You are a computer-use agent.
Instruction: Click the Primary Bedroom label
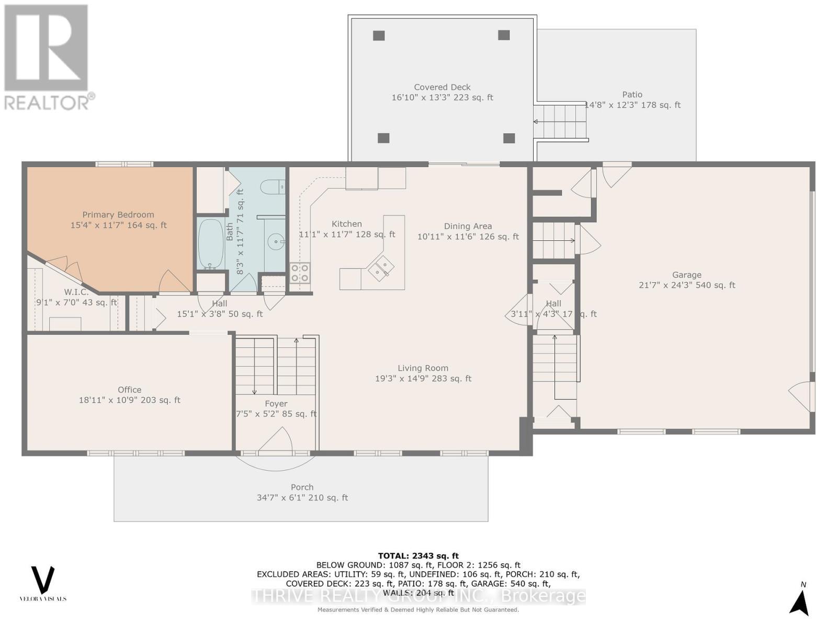[x=118, y=215]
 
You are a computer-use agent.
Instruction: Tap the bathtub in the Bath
[x=210, y=244]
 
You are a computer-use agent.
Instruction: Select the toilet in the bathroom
[x=273, y=186]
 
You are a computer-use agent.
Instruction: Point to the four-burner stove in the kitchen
[x=300, y=273]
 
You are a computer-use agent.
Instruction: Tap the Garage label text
[x=686, y=275]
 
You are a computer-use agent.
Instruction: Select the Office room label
[x=129, y=390]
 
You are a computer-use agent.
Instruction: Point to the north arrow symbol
[x=800, y=602]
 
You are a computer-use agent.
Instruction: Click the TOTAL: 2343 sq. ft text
[x=418, y=556]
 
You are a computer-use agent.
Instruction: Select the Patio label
[x=632, y=95]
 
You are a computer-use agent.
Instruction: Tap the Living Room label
[x=423, y=368]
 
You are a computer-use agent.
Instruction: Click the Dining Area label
[x=468, y=226]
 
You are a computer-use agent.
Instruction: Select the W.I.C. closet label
[x=76, y=292]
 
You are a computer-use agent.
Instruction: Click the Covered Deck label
[x=442, y=87]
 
